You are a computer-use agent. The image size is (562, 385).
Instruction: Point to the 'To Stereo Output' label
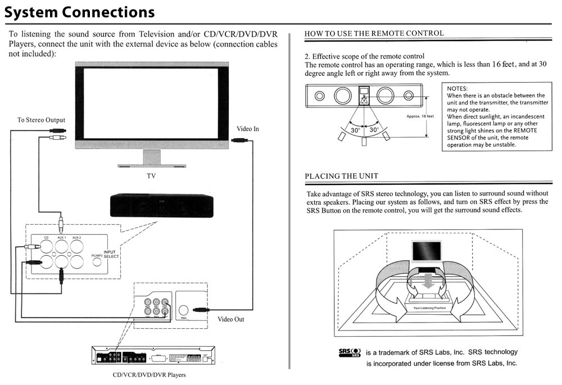41,120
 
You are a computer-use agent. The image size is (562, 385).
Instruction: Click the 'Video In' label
248,129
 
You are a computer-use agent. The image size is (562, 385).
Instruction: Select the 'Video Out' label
231,320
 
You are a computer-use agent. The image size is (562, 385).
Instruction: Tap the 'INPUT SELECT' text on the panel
111,253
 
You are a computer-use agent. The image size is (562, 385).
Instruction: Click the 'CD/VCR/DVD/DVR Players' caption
149,375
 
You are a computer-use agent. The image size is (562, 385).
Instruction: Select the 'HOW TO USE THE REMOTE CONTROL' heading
374,34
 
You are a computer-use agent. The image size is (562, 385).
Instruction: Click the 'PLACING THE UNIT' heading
341,176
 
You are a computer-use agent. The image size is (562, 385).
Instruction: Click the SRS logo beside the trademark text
348,353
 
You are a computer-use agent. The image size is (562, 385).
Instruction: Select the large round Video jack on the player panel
184,310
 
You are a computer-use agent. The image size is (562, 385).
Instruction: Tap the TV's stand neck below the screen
151,158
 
